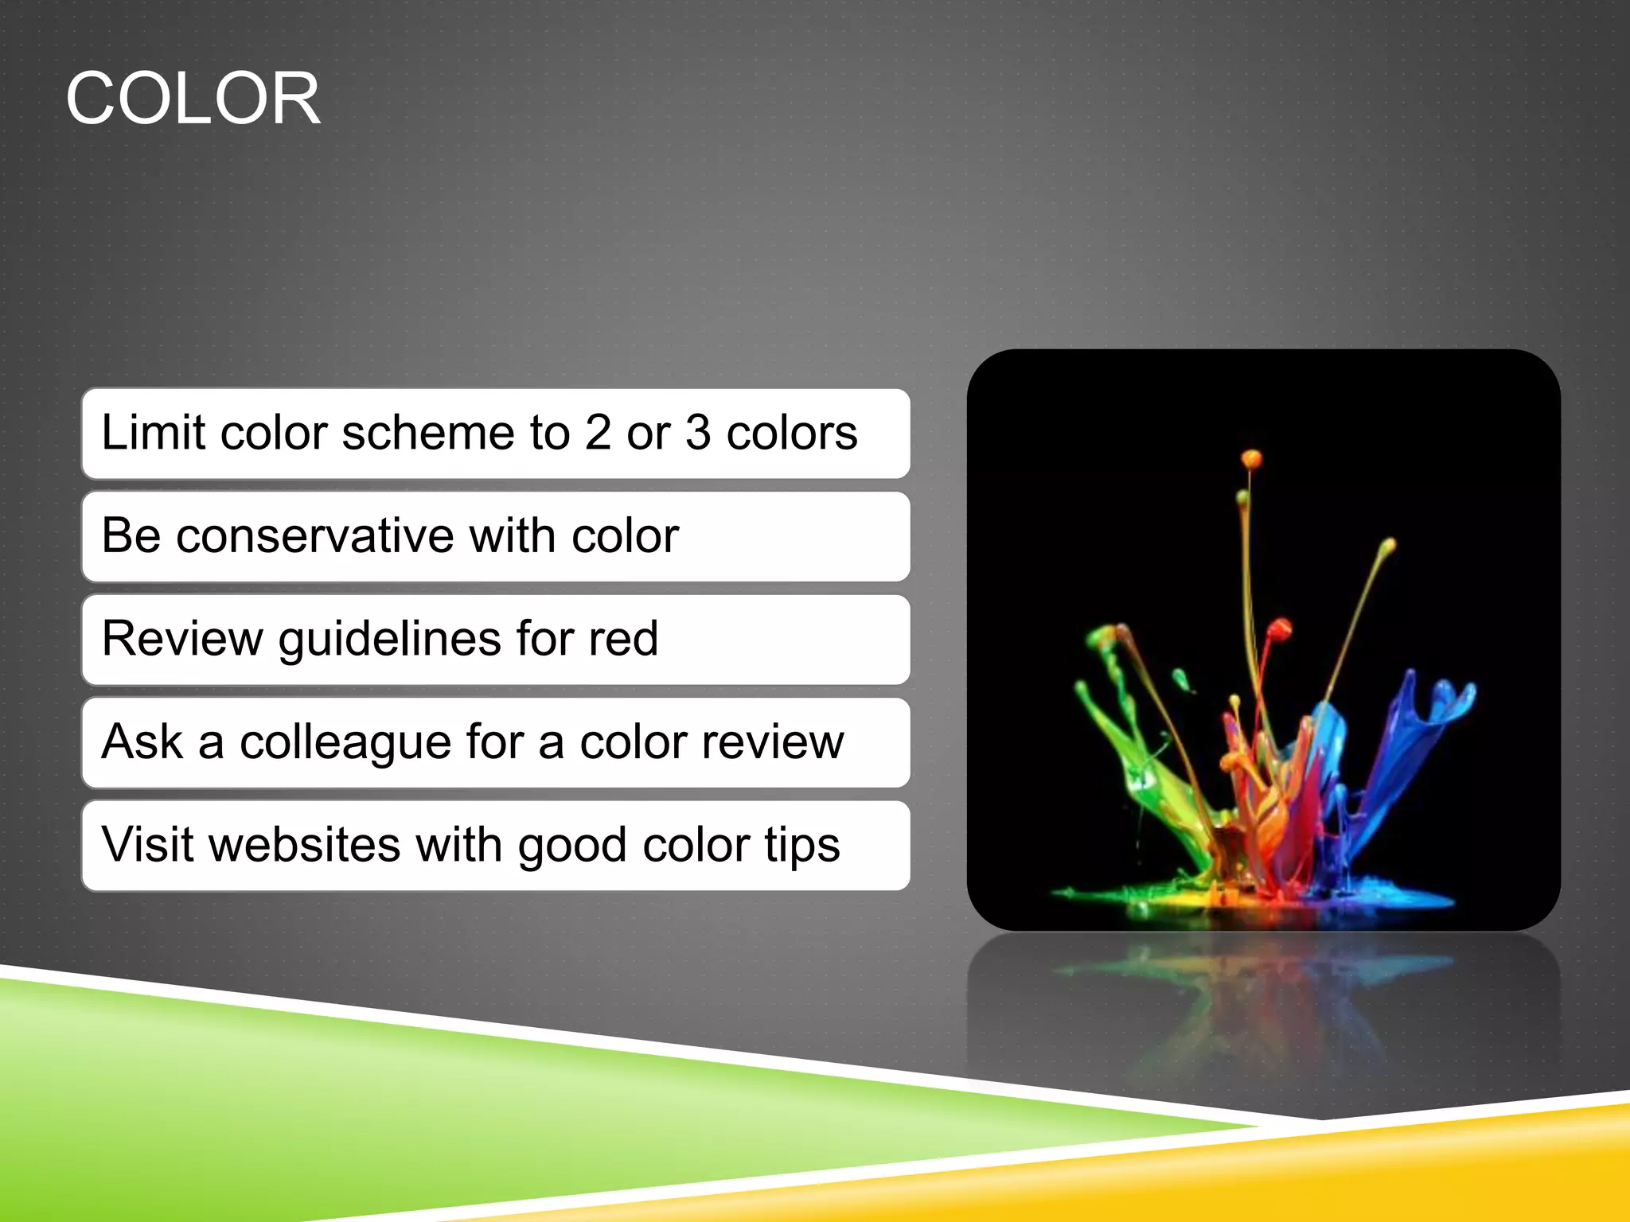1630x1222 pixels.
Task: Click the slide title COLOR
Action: pos(193,99)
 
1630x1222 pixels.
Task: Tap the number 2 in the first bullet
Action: pos(598,433)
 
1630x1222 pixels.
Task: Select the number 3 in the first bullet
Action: pos(697,433)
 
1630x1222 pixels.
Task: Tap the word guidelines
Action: pos(390,640)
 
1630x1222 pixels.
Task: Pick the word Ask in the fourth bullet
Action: pos(142,741)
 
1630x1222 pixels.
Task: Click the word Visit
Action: pos(148,844)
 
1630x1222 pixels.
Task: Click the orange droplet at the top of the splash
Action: pos(1251,459)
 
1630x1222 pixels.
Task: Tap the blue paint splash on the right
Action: pos(1425,716)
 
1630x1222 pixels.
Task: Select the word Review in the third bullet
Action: pos(182,638)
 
